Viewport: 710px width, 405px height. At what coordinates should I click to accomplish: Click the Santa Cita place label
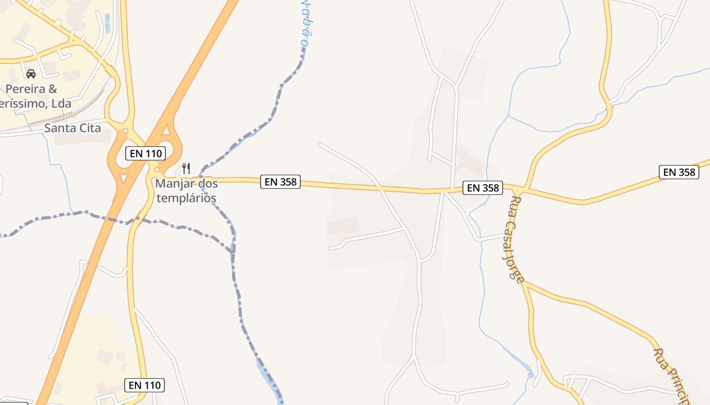point(73,128)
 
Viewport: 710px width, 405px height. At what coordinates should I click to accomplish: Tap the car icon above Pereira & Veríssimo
point(31,74)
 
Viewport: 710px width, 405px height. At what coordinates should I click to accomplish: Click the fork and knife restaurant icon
point(186,168)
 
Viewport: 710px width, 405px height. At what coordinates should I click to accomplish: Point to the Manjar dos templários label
point(187,191)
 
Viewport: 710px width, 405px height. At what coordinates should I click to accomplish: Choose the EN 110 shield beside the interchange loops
point(146,153)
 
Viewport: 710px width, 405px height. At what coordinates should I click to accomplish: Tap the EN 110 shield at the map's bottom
point(145,385)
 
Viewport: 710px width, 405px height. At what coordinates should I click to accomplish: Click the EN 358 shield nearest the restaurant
point(280,182)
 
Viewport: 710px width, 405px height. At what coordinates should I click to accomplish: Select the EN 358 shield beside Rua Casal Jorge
point(483,188)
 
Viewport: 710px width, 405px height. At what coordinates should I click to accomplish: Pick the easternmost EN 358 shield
point(679,172)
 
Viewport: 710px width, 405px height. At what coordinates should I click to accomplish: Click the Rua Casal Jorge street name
point(514,239)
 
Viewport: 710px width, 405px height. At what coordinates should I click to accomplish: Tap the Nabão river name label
point(305,23)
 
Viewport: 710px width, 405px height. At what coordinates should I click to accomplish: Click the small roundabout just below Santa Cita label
point(125,131)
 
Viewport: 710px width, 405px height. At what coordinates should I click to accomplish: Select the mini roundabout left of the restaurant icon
point(157,170)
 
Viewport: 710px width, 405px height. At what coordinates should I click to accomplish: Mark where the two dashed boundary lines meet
point(233,251)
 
